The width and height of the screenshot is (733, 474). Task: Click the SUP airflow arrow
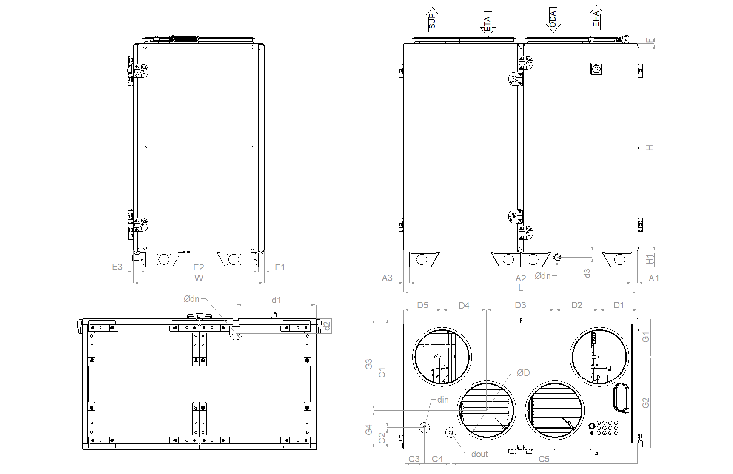pyautogui.click(x=432, y=20)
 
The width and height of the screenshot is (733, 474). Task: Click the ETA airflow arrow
pyautogui.click(x=488, y=24)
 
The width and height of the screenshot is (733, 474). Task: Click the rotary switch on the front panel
pyautogui.click(x=596, y=68)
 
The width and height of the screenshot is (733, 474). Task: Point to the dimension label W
pyautogui.click(x=199, y=278)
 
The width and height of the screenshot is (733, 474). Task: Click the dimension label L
pyautogui.click(x=521, y=288)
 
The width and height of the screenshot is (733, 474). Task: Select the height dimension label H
pyautogui.click(x=649, y=148)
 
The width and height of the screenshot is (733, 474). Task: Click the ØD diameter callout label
pyautogui.click(x=523, y=373)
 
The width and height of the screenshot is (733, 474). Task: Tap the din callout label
pyautogui.click(x=443, y=400)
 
